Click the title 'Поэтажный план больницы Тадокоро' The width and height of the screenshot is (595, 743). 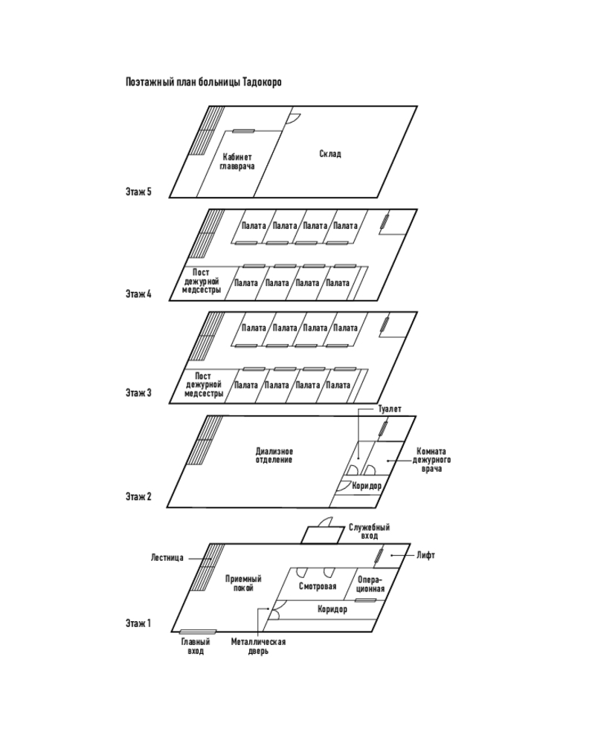point(203,82)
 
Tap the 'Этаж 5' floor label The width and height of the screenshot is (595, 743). point(139,192)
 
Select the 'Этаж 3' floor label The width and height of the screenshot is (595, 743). point(139,392)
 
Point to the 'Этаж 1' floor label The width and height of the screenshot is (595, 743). point(139,623)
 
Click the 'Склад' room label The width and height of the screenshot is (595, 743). point(330,154)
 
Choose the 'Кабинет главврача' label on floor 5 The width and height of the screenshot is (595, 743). point(237,162)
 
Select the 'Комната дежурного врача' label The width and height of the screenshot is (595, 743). point(432,461)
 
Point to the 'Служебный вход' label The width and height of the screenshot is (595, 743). point(370,531)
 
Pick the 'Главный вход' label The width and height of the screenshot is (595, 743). point(196,646)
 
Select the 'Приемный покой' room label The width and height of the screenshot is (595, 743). point(243,583)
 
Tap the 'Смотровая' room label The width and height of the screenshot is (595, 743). point(318,587)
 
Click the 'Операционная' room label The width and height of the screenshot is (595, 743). point(370,584)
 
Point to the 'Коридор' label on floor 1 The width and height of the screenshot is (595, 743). point(332,609)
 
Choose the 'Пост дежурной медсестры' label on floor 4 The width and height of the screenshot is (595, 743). point(202,281)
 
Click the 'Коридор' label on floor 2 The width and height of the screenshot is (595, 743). point(367,485)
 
